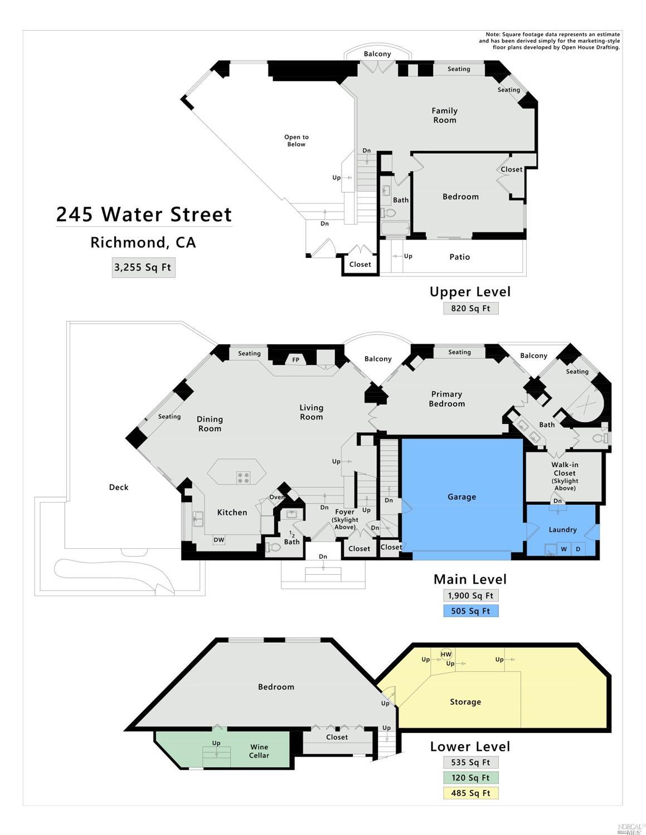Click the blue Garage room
click(462, 496)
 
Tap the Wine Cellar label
click(259, 751)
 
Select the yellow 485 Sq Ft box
click(470, 793)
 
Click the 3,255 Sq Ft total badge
click(143, 267)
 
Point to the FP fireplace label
click(295, 360)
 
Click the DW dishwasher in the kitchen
click(218, 540)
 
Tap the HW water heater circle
click(446, 654)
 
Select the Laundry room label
click(562, 530)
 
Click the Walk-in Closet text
click(565, 469)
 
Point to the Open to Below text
click(296, 140)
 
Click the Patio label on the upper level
click(459, 257)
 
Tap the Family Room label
click(444, 115)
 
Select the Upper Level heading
click(470, 292)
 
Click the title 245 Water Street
click(144, 214)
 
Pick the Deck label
click(118, 487)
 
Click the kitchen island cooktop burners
click(243, 477)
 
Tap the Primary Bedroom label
click(446, 399)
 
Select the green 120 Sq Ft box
click(470, 778)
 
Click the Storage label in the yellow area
click(465, 702)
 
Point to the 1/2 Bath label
click(292, 538)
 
